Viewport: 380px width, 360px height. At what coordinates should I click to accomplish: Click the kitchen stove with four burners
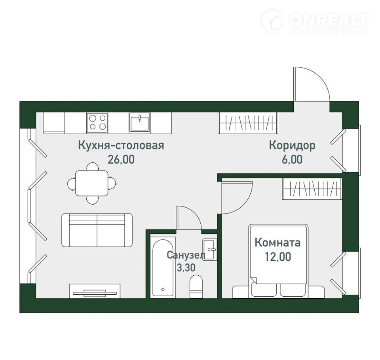click(x=97, y=123)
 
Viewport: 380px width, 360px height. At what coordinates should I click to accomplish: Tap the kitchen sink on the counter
click(x=139, y=122)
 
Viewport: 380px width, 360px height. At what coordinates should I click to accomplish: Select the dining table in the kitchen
click(x=91, y=183)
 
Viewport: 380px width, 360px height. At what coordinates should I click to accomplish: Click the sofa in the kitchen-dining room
click(x=97, y=230)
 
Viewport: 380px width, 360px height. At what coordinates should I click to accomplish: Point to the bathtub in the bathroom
click(x=163, y=267)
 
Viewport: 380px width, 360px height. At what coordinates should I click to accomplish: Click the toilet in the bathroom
click(x=196, y=286)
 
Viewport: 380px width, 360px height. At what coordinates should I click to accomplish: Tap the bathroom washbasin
click(x=210, y=250)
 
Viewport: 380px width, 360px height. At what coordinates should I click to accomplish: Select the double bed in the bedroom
click(x=278, y=261)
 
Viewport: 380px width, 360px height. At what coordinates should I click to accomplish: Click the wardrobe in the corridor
click(x=247, y=123)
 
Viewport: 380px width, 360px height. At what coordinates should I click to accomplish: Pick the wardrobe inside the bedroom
click(x=312, y=189)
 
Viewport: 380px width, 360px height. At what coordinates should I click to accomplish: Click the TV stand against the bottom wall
click(x=95, y=291)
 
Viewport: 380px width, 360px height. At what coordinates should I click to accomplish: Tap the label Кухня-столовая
click(x=121, y=146)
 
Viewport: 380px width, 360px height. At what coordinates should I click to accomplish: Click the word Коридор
click(x=292, y=145)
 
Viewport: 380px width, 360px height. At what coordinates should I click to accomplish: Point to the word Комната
click(x=278, y=243)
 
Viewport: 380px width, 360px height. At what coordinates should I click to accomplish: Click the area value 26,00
click(x=121, y=160)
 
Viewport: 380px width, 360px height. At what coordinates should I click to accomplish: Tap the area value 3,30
click(x=186, y=267)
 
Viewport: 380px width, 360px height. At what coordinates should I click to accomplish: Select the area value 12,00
click(x=278, y=257)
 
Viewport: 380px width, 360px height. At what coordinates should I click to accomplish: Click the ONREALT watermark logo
click(x=315, y=22)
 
